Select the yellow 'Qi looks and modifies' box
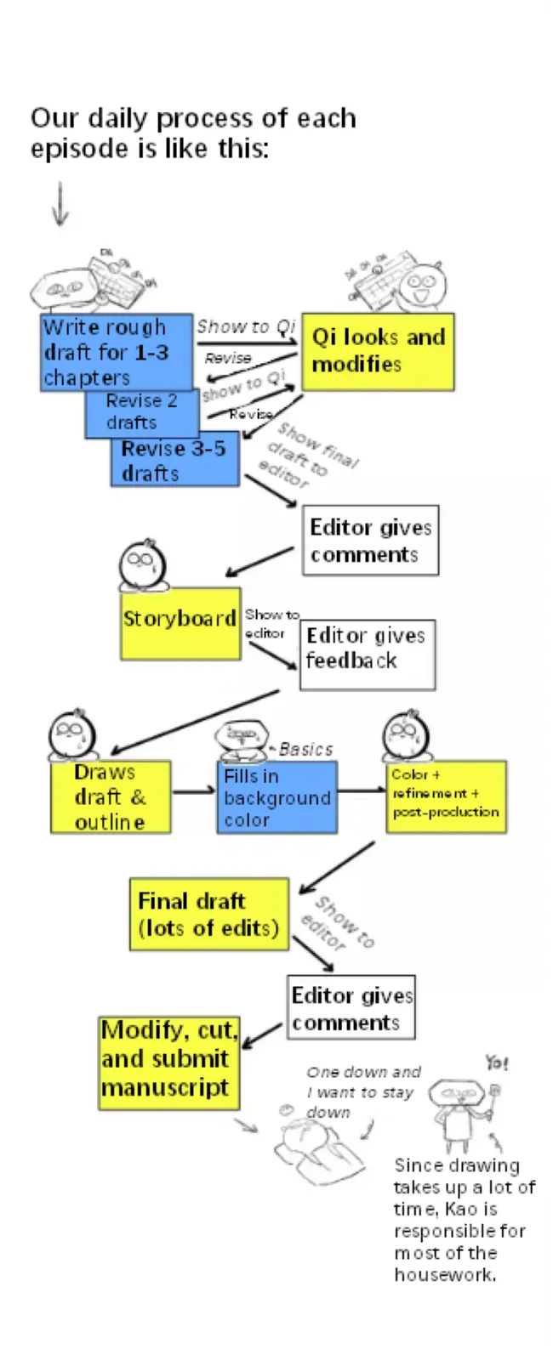coord(378,351)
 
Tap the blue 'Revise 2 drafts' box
coord(141,413)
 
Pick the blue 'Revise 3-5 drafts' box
coord(174,461)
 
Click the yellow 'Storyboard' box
coord(180,623)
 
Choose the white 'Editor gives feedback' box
coord(368,654)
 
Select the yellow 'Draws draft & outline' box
coord(111,796)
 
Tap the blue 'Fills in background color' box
coord(276,797)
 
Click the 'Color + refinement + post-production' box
coord(446,796)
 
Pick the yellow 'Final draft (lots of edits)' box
coord(208,914)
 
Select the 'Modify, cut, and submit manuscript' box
coord(168,1063)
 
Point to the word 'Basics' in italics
coord(305,749)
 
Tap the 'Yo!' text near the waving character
coord(497,1063)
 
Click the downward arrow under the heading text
coord(60,204)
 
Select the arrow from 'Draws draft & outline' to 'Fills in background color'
coord(193,791)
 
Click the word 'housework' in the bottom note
coord(443,1274)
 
